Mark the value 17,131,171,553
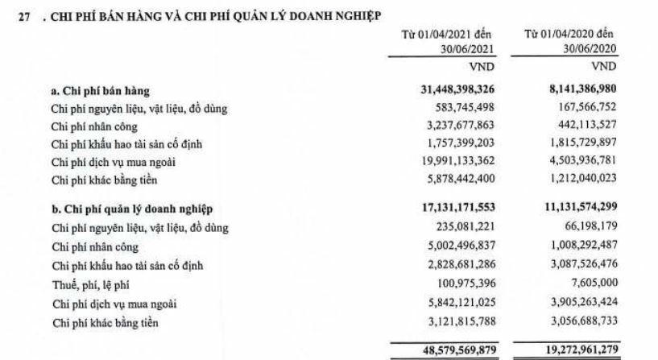tap(441, 211)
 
